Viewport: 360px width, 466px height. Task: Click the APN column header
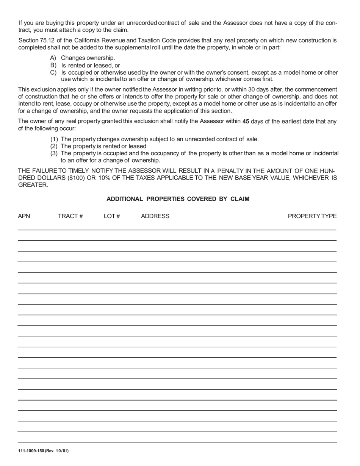click(x=24, y=216)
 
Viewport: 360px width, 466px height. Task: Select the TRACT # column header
click(x=70, y=216)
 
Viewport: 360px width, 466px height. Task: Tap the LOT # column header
click(x=112, y=216)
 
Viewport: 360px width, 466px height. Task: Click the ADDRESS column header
click(x=155, y=216)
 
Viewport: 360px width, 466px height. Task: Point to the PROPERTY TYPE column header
click(x=312, y=216)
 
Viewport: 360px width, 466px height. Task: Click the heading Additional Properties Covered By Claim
click(x=178, y=199)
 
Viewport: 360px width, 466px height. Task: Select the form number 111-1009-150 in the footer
click(x=31, y=451)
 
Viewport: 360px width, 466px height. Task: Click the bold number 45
click(x=246, y=122)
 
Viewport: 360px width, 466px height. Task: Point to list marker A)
click(x=53, y=58)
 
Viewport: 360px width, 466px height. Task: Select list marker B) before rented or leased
click(x=53, y=65)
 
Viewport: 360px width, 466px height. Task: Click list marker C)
click(x=53, y=72)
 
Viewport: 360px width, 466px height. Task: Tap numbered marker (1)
click(x=54, y=139)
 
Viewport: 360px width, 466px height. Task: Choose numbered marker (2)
click(x=54, y=146)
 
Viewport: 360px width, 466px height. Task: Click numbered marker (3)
click(x=54, y=153)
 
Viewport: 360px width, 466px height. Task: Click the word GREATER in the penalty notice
click(x=33, y=185)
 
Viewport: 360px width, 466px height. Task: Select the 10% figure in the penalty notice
click(x=105, y=178)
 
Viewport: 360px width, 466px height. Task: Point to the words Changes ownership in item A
click(x=88, y=58)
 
